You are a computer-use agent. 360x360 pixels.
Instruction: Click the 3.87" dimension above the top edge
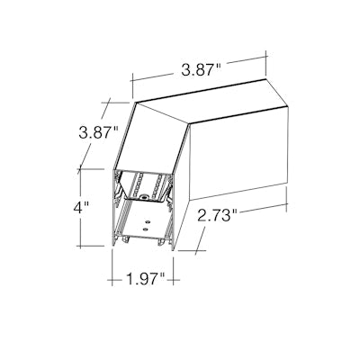point(201,71)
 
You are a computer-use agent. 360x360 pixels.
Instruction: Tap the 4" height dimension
point(81,208)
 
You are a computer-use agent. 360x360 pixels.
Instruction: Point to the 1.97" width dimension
point(145,279)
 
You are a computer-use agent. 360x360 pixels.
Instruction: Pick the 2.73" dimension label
point(217,214)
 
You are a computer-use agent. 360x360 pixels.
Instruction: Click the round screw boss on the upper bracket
point(145,197)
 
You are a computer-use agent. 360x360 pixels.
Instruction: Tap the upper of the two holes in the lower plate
point(147,222)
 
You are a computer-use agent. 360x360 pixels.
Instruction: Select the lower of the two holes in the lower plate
point(145,229)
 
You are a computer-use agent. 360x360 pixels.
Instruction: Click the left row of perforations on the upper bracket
point(138,184)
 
